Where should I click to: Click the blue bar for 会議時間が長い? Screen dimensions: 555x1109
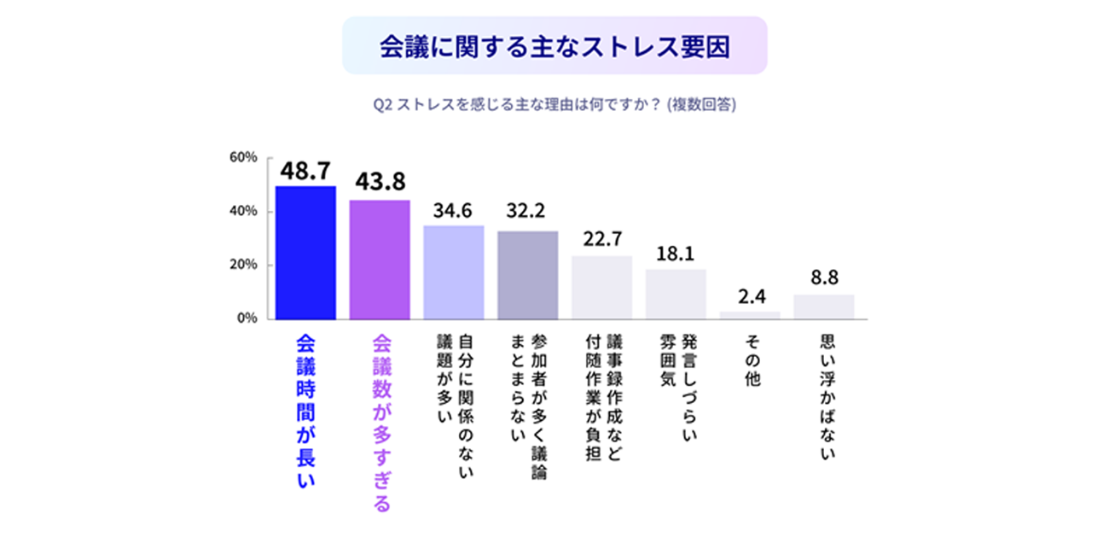[x=305, y=253]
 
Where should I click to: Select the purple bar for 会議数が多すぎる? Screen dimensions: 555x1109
[x=380, y=260]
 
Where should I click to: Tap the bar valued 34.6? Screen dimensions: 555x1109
[x=454, y=272]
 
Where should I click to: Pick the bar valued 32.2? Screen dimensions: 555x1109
[x=527, y=275]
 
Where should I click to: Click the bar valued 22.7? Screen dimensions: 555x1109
[x=601, y=288]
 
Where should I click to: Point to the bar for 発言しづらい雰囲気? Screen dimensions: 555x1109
[x=676, y=294]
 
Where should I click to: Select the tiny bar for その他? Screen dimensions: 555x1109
[x=750, y=315]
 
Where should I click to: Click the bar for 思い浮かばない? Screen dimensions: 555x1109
[x=823, y=307]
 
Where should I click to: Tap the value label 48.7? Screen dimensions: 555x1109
[x=305, y=171]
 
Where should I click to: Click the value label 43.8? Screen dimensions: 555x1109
[x=380, y=182]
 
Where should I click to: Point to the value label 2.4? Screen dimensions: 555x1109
[x=750, y=297]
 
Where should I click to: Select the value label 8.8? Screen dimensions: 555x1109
[x=823, y=278]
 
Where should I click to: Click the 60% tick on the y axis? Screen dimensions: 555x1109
[x=243, y=158]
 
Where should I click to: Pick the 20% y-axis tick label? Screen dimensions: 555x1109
[x=243, y=265]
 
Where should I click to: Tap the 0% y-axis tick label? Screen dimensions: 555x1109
[x=247, y=318]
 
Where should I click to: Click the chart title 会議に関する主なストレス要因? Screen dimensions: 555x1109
[x=554, y=46]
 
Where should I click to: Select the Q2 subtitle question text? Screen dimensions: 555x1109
[x=554, y=106]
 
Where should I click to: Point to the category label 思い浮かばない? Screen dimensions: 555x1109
[x=824, y=396]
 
